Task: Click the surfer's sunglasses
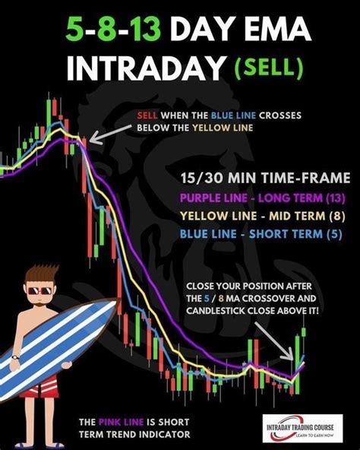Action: [x=40, y=290]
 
